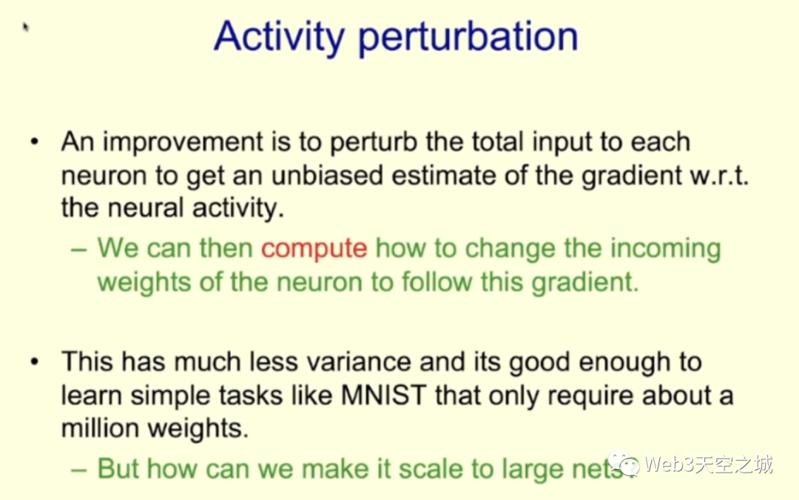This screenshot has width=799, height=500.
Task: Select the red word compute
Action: [314, 249]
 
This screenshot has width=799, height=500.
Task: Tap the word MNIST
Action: [383, 395]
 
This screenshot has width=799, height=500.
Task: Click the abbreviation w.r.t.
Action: [719, 176]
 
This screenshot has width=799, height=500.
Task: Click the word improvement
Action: [183, 142]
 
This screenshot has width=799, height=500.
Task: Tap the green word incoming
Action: [666, 249]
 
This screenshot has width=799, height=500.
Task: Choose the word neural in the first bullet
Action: [146, 207]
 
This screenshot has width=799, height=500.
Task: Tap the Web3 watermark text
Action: [708, 464]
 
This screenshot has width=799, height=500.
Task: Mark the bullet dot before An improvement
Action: [35, 141]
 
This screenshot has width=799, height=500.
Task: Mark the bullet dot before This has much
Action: [35, 361]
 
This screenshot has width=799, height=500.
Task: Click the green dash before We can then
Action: [79, 250]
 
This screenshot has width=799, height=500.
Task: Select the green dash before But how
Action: [79, 470]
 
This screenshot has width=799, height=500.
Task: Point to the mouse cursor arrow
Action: [25, 26]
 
